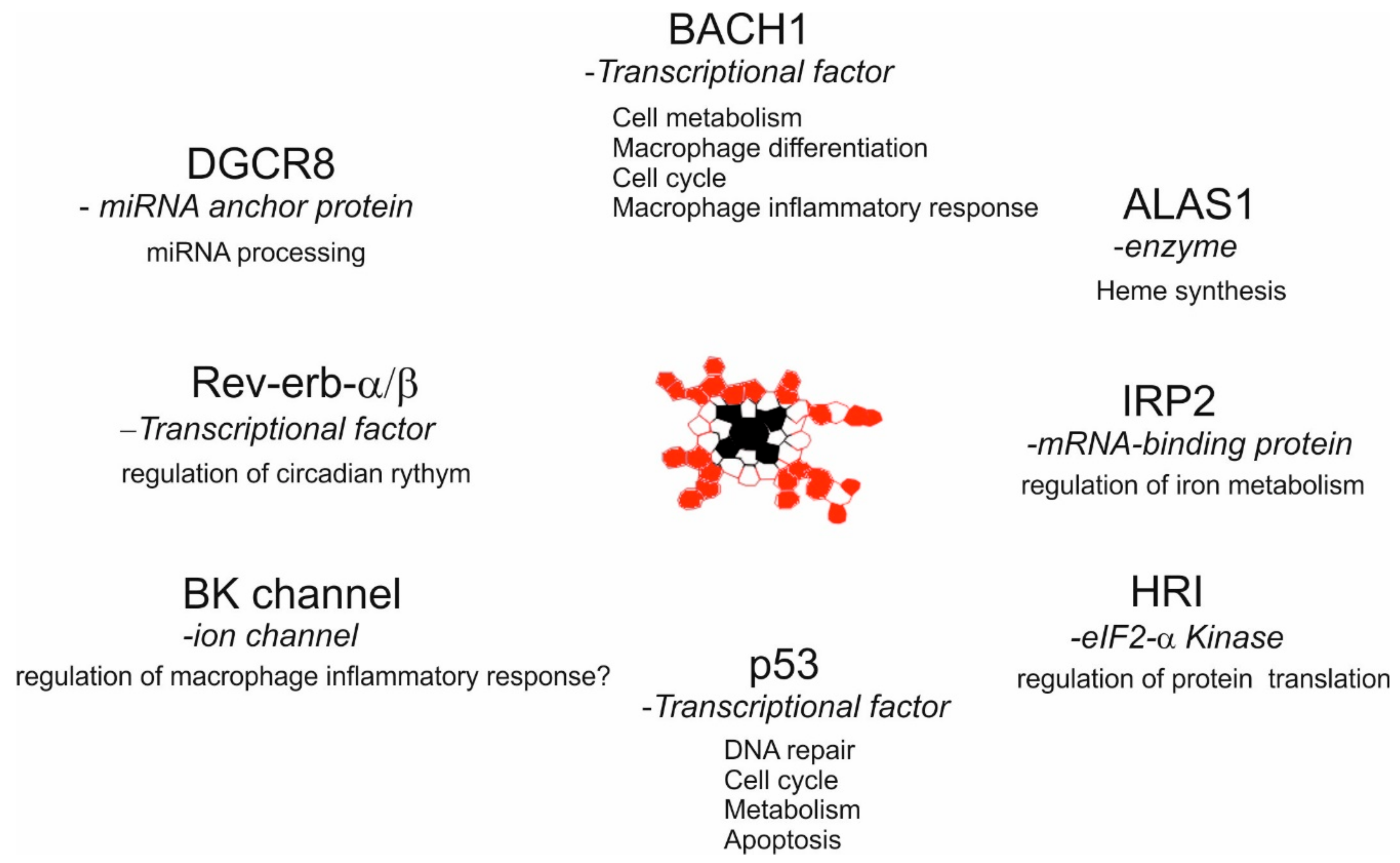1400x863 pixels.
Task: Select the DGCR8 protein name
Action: [261, 164]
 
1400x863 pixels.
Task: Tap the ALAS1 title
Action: [1188, 204]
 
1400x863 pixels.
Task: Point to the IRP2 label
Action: [1168, 401]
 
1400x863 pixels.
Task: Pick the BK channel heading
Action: [292, 594]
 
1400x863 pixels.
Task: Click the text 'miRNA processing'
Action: [256, 253]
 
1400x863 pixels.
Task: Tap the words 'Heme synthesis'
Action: [1191, 291]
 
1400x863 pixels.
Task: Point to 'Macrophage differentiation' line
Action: [770, 148]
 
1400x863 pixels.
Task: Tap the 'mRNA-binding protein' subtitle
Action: [1189, 444]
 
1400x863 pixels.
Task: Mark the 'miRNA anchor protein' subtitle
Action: [246, 207]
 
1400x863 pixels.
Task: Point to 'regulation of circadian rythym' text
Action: [296, 474]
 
